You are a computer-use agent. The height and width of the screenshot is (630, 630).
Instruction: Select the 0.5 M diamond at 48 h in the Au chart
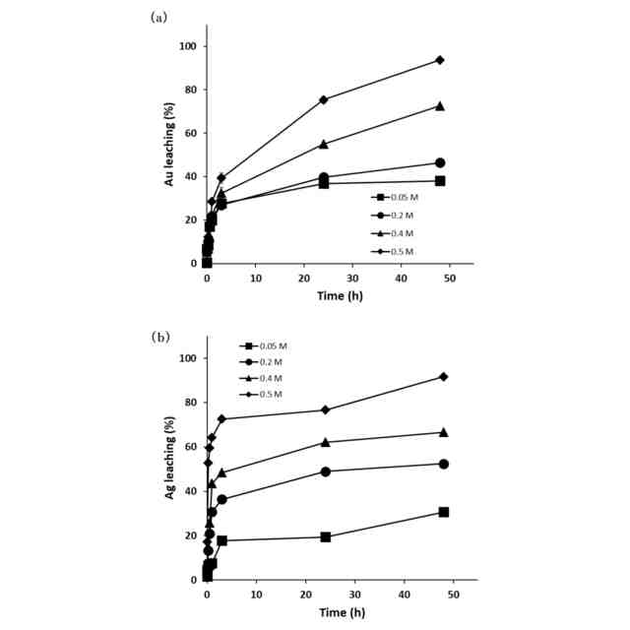click(x=440, y=60)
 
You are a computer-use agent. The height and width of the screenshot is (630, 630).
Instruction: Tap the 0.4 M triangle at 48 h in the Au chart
click(x=440, y=105)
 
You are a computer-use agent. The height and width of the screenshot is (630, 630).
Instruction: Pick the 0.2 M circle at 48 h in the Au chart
click(x=440, y=162)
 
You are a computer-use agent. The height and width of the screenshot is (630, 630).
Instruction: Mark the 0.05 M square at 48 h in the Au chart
click(x=440, y=181)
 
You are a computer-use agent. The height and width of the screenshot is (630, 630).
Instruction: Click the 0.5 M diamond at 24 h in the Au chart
click(x=323, y=99)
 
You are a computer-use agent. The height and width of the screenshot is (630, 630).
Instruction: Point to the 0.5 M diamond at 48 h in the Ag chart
click(x=444, y=376)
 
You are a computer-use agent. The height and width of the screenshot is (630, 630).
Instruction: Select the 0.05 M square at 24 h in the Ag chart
click(x=325, y=536)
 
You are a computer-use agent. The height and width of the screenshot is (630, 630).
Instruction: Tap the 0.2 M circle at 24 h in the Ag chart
click(x=325, y=471)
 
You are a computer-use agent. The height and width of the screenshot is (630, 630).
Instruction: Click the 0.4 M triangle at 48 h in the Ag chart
click(x=444, y=432)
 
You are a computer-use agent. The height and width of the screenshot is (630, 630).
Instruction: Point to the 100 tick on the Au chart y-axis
click(x=188, y=46)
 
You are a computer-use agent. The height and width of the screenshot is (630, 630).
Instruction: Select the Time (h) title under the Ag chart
click(x=341, y=613)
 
